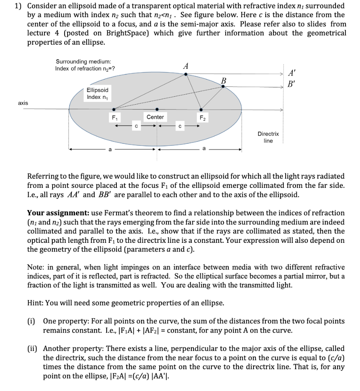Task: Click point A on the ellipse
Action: [x=186, y=74]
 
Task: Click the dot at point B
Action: [x=223, y=87]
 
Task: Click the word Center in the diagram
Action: [x=155, y=117]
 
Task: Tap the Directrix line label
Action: [x=268, y=137]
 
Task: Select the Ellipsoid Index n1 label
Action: [x=97, y=94]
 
